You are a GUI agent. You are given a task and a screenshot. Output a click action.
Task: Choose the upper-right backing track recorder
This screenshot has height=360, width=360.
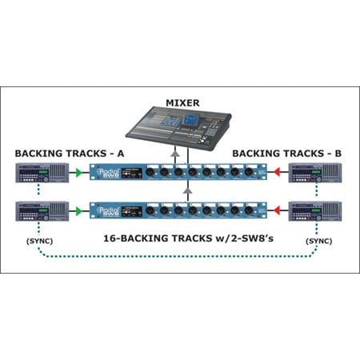(314, 174)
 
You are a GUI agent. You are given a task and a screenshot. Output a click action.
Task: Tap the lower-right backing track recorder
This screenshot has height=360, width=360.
(314, 211)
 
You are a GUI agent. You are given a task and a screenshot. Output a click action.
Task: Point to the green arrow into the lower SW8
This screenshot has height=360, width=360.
(78, 211)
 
